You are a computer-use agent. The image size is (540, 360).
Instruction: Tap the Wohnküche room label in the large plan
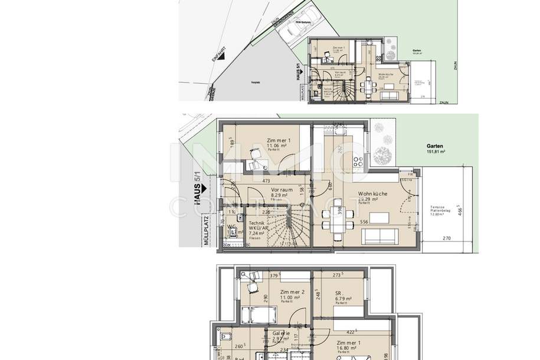click(x=373, y=195)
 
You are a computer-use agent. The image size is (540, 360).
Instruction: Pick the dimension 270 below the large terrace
click(x=447, y=238)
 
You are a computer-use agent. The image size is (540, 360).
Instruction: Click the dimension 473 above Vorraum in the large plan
click(x=266, y=181)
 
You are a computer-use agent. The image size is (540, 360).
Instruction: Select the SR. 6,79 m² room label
click(x=343, y=294)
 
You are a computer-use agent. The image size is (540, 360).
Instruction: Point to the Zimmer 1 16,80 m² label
click(x=350, y=346)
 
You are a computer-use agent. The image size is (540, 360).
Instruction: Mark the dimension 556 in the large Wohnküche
click(x=365, y=221)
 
